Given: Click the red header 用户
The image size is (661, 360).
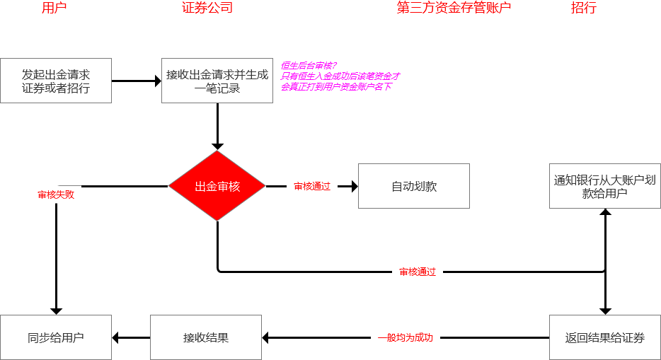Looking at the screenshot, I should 54,8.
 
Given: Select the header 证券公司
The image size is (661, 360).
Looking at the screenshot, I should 207,8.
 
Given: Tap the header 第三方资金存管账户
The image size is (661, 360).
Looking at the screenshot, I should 454,8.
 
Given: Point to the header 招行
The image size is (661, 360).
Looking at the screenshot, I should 584,8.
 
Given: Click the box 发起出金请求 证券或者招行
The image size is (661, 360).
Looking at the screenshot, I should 56,81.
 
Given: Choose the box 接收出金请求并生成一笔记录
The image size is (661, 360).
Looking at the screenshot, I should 217,81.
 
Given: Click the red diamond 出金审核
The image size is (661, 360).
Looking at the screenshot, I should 217,186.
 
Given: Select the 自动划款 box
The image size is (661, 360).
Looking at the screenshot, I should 414,186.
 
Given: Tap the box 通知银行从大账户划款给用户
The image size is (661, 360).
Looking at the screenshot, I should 605,186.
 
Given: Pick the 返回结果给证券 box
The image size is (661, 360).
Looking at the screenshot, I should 605,337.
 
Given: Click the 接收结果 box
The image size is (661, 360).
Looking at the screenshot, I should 206,337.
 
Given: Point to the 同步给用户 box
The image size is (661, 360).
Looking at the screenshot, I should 56,337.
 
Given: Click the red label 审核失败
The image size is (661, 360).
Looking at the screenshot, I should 56,194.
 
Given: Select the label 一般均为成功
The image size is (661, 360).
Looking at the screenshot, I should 406,338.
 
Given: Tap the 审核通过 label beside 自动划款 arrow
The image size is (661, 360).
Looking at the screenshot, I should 312,187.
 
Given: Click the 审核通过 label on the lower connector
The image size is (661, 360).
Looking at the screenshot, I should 418,272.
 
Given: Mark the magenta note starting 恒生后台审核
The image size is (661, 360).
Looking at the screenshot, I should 340,76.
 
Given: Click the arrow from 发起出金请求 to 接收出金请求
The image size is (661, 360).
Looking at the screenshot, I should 137,81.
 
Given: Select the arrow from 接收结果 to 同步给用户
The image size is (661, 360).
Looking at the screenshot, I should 131,338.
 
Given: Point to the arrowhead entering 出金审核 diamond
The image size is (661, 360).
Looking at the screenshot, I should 217,146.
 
